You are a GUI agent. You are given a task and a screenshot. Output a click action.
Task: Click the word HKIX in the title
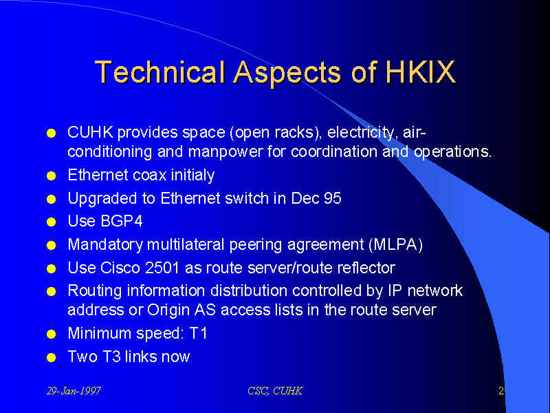pyautogui.click(x=421, y=72)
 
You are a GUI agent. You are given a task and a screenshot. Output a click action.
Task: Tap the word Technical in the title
pyautogui.click(x=159, y=72)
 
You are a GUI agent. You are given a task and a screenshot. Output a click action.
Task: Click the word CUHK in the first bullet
pyautogui.click(x=91, y=132)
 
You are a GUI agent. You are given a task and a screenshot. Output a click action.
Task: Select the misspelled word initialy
pyautogui.click(x=192, y=176)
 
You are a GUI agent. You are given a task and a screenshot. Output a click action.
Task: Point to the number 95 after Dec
pyautogui.click(x=332, y=198)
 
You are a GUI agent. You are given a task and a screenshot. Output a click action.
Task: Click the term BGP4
pyautogui.click(x=122, y=221)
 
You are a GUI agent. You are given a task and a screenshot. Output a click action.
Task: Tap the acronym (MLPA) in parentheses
pyautogui.click(x=396, y=245)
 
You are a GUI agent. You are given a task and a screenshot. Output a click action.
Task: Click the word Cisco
pyautogui.click(x=120, y=268)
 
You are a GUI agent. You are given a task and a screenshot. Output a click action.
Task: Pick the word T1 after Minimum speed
pyautogui.click(x=198, y=333)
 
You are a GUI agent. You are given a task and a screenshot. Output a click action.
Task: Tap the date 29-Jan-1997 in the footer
pyautogui.click(x=74, y=391)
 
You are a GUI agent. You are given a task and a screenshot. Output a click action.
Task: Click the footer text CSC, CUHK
pyautogui.click(x=275, y=391)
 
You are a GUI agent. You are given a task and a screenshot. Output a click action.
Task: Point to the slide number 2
pyautogui.click(x=501, y=390)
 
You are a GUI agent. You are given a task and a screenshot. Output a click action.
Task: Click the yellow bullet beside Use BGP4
pyautogui.click(x=51, y=222)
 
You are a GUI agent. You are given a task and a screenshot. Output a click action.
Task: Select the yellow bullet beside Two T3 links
pyautogui.click(x=51, y=357)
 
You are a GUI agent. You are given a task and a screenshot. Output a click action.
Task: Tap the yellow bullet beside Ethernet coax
pyautogui.click(x=51, y=176)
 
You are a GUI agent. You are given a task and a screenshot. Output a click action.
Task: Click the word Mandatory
pyautogui.click(x=105, y=245)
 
